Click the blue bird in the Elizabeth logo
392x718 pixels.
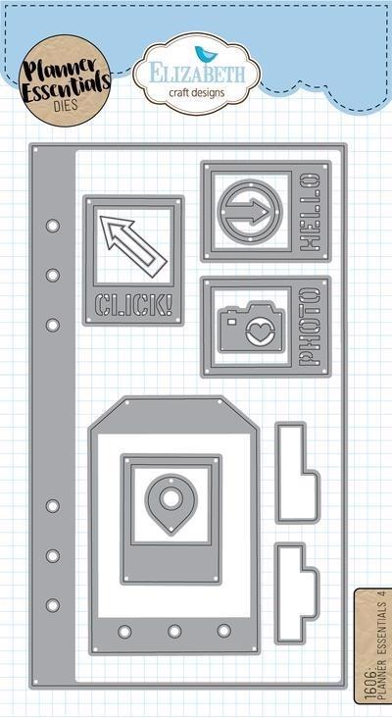[201, 54]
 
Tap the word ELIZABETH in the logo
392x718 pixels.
[197, 75]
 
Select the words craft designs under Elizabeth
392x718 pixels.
[197, 93]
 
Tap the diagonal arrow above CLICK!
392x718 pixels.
[132, 246]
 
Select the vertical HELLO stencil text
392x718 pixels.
[312, 212]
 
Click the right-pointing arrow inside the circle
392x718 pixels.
[250, 212]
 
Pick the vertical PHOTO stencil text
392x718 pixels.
[311, 326]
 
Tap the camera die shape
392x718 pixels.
[250, 326]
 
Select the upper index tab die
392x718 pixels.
[296, 473]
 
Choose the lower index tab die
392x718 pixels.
[296, 593]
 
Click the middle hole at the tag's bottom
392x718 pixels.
[174, 631]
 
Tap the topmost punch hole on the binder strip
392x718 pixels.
[53, 226]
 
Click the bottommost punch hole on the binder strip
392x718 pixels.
[53, 605]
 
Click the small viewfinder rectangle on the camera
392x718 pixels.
[231, 322]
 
